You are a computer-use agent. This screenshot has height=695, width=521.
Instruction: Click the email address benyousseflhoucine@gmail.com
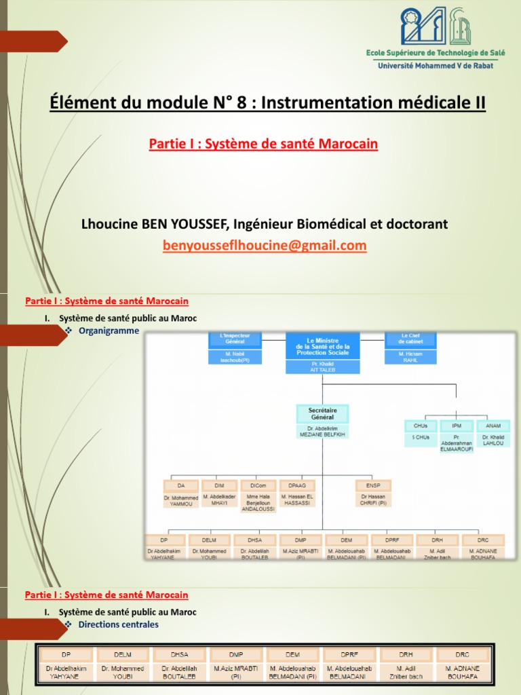tap(265, 246)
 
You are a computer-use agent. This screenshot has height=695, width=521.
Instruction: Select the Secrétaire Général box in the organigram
tap(322, 414)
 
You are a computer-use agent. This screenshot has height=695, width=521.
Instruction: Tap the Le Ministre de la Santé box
tap(322, 345)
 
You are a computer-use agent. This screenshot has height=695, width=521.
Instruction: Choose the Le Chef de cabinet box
tap(411, 339)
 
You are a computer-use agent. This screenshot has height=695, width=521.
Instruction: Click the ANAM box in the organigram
tap(493, 426)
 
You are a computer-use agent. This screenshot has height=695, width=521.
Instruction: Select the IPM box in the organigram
tap(457, 426)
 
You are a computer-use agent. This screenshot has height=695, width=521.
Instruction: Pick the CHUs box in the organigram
tap(421, 426)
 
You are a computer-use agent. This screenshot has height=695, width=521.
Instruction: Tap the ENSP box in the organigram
tap(373, 485)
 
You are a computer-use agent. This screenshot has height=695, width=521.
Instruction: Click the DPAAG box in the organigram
tap(297, 485)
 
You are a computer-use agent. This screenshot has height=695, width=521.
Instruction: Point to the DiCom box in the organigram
tap(258, 485)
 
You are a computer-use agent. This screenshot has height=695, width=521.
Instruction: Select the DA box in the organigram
tap(181, 485)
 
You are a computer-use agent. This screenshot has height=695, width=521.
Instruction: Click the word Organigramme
tap(109, 331)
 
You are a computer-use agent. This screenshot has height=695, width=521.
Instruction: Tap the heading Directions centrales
tap(118, 624)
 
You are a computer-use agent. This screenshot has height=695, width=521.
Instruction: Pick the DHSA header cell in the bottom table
tap(180, 654)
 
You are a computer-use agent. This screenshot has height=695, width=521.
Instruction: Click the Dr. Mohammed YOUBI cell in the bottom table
tap(123, 672)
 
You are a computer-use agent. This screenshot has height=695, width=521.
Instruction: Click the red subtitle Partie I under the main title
tap(263, 144)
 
